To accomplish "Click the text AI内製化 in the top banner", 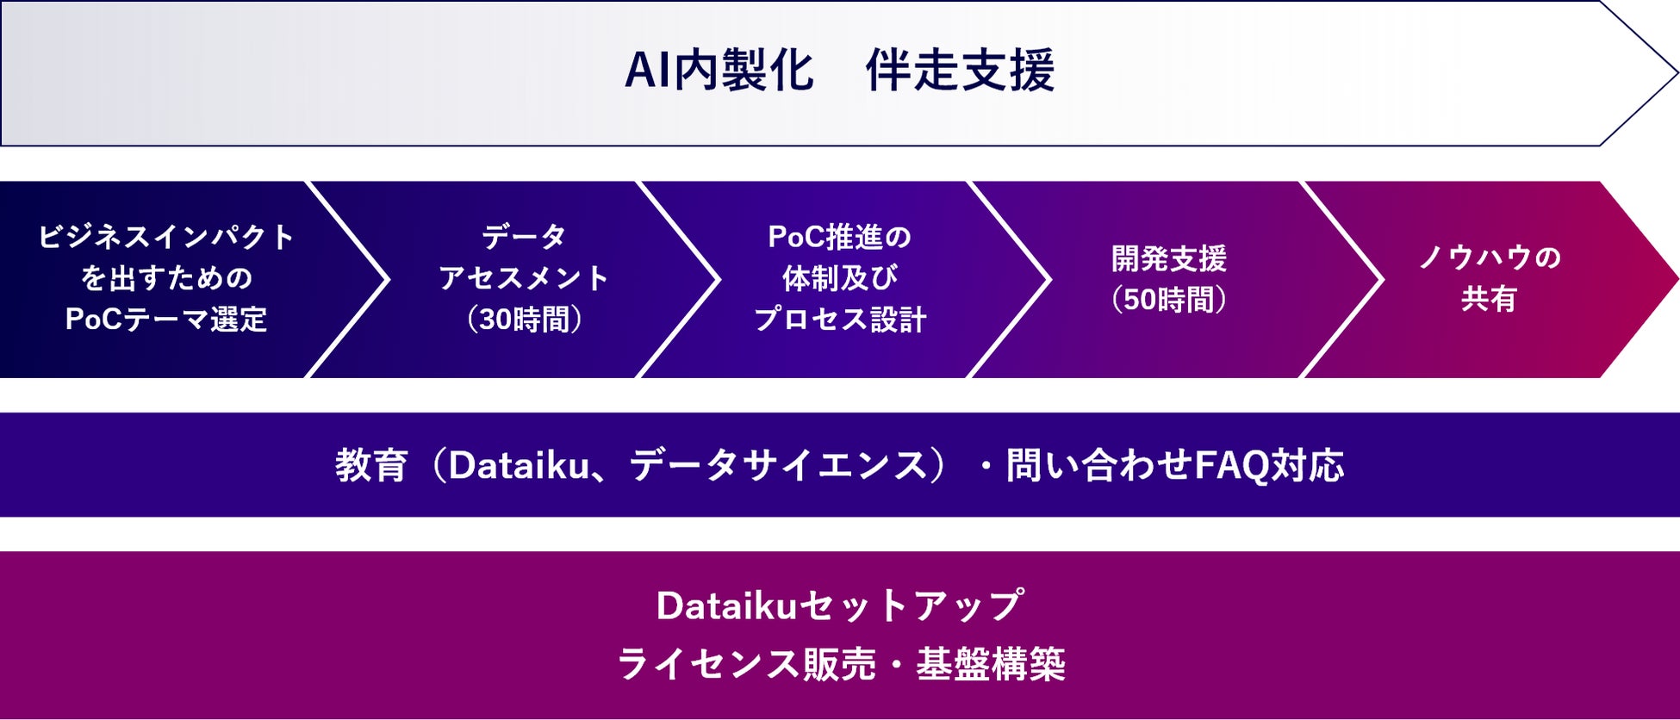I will click(719, 71).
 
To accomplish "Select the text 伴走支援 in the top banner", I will click(960, 71).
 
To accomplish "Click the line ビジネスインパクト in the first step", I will click(166, 237).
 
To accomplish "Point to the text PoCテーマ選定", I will click(166, 320).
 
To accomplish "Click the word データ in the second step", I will click(524, 237).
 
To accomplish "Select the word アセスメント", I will click(524, 278).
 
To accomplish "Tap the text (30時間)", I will click(524, 320).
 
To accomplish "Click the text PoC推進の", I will click(839, 237).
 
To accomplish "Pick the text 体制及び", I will click(839, 278).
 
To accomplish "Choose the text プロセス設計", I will click(839, 320).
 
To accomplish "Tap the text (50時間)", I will click(1169, 300).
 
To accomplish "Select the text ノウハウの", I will click(1490, 258).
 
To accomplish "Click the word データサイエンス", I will click(779, 466).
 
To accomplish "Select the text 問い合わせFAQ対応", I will click(1174, 466).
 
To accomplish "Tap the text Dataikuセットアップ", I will click(840, 605).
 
